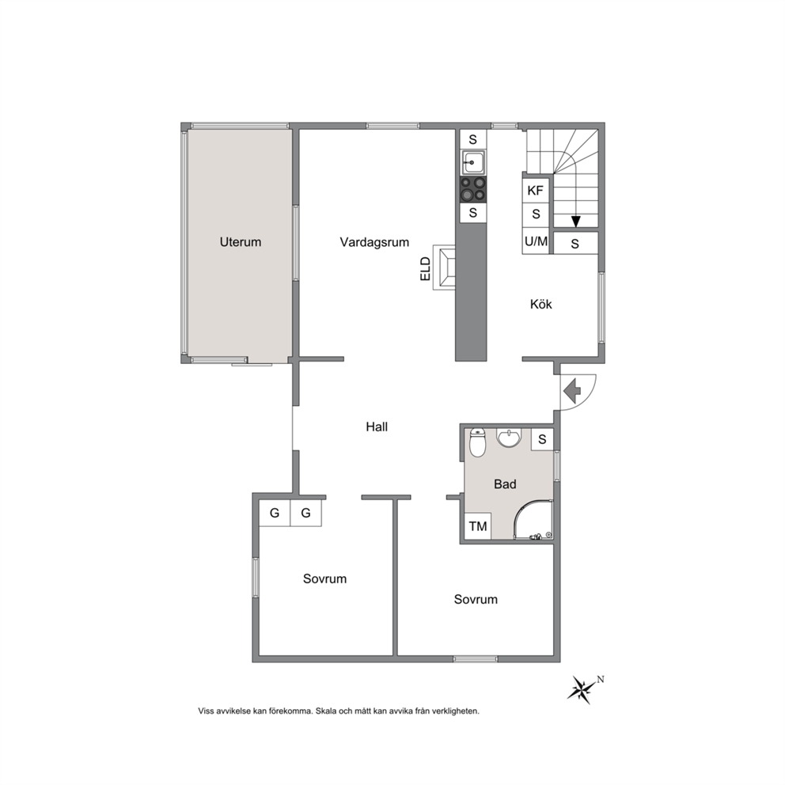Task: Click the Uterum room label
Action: point(241,242)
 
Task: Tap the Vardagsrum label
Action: point(374,242)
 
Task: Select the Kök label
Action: point(540,304)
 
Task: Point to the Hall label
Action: point(377,427)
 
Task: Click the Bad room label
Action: point(505,484)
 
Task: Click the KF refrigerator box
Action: point(535,190)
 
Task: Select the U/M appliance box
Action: point(536,241)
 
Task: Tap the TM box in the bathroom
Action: point(478,526)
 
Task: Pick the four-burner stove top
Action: point(472,189)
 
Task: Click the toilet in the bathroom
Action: point(478,442)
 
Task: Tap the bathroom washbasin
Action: point(509,437)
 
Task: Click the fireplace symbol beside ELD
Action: point(445,267)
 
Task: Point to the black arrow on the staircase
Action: point(576,222)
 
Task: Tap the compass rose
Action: point(582,690)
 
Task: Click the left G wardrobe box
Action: point(275,513)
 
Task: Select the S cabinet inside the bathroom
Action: point(542,439)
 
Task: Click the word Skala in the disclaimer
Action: point(326,711)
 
